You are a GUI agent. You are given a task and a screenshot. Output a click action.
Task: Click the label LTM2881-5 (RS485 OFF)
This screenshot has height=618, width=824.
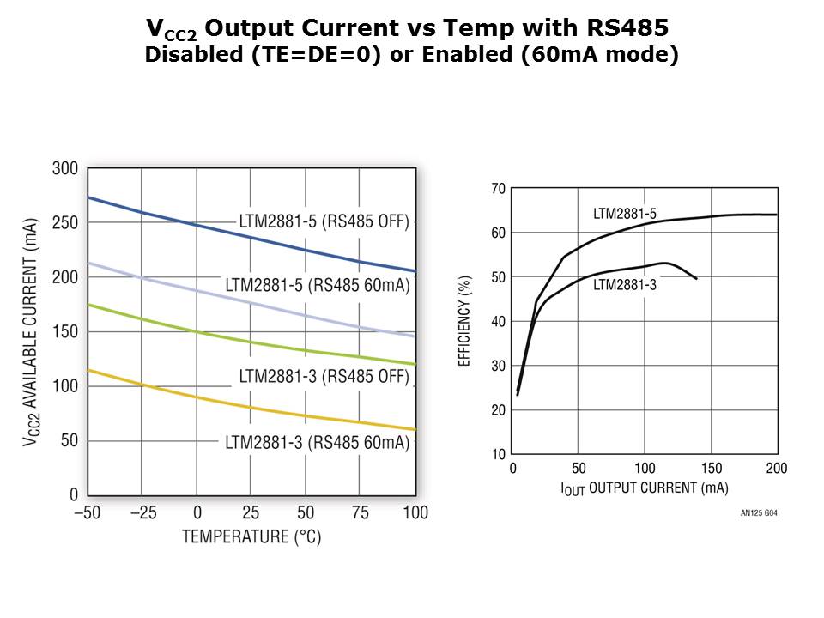324,221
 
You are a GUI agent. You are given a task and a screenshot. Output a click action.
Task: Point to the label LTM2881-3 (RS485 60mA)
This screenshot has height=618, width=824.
318,443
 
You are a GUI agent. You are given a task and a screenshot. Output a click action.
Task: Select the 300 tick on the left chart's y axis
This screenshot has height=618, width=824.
65,168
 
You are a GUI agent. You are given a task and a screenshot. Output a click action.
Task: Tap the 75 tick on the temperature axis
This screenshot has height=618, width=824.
361,513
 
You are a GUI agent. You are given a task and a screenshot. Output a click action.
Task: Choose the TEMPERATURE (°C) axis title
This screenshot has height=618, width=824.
251,537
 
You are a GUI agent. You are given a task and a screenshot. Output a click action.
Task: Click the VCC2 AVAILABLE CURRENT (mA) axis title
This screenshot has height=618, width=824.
32,331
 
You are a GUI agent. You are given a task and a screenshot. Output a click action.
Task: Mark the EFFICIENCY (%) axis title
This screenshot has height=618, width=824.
465,320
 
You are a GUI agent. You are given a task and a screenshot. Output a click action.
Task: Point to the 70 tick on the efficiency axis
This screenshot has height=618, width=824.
497,188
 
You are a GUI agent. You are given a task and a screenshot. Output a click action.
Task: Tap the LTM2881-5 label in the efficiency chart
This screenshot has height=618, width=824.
625,214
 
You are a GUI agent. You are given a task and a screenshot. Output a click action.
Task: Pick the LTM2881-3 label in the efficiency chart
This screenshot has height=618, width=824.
625,284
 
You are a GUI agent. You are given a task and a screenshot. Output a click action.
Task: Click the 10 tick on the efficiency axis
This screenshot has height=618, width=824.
497,454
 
